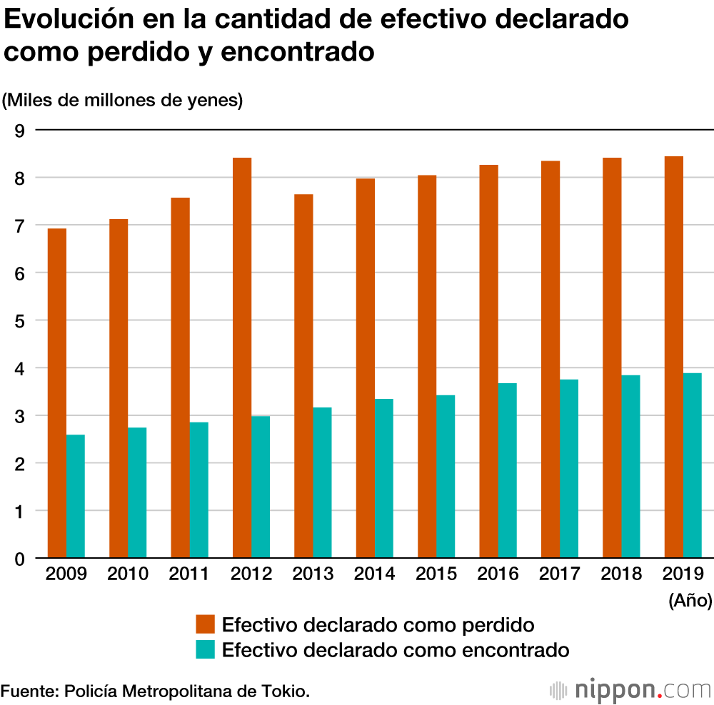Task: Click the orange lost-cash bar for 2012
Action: (x=242, y=357)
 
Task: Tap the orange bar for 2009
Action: (x=57, y=393)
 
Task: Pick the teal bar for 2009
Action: (x=76, y=496)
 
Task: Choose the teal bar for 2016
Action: (x=507, y=470)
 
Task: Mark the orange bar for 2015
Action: (x=427, y=366)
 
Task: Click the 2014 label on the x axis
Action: (x=375, y=574)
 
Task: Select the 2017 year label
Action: (x=560, y=574)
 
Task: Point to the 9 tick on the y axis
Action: (x=19, y=131)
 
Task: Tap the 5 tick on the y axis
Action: (x=19, y=321)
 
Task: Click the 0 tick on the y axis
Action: (x=19, y=559)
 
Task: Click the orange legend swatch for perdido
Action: (x=206, y=626)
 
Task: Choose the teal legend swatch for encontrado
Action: (x=206, y=650)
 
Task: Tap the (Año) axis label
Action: (x=690, y=601)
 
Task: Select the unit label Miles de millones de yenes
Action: (x=123, y=101)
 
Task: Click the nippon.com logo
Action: (x=631, y=690)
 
